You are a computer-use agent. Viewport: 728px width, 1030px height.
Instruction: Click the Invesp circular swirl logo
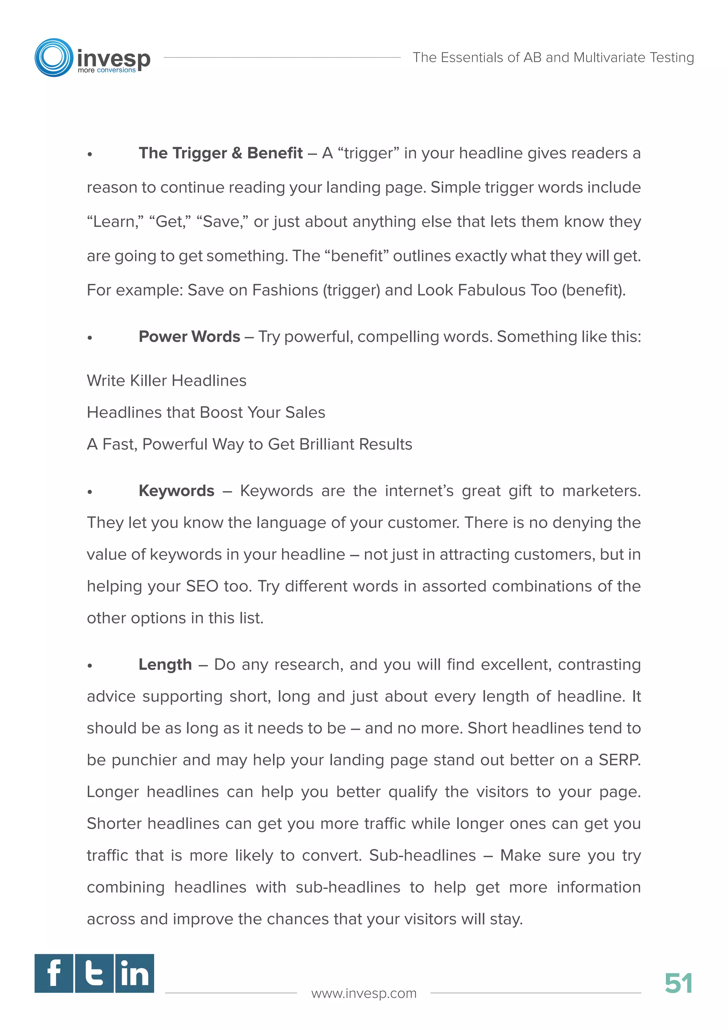coord(54,57)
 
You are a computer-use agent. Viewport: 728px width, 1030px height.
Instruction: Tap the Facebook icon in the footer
coord(54,973)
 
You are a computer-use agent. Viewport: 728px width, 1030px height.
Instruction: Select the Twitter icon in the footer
coord(94,973)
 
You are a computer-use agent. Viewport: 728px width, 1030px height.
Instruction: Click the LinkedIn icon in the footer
coord(134,973)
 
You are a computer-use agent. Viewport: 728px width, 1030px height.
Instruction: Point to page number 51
coord(678,984)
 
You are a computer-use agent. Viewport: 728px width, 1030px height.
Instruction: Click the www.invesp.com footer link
coord(364,993)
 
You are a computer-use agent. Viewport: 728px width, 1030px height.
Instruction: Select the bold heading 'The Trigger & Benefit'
coord(220,153)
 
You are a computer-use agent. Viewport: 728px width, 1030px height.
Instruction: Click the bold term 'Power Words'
coord(189,336)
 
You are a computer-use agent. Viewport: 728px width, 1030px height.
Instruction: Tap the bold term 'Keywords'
coord(176,491)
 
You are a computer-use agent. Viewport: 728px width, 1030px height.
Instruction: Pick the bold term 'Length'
coord(165,664)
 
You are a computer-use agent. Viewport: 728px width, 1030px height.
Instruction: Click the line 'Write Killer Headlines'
coord(166,381)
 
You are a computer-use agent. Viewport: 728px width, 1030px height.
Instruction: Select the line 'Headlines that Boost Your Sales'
coord(206,413)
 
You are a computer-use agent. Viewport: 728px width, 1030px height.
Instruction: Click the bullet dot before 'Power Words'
coord(90,338)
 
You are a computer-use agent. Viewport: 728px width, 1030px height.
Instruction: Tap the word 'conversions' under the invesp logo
coord(116,70)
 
